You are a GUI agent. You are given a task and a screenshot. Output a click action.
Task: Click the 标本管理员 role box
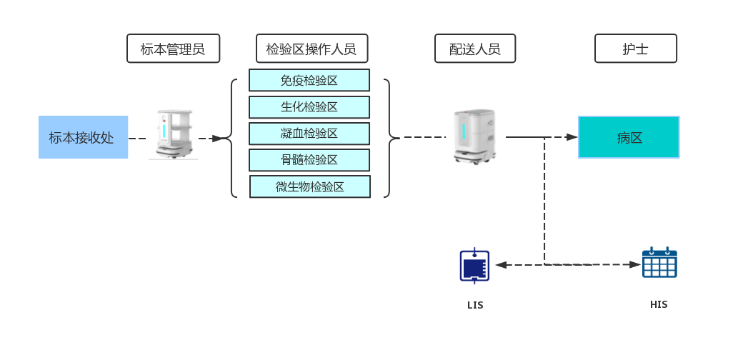point(173,49)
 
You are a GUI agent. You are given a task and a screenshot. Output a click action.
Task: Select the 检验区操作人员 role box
point(311,49)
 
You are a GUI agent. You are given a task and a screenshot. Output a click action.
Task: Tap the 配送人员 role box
point(474,49)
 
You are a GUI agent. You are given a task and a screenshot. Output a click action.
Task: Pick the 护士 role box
point(635,49)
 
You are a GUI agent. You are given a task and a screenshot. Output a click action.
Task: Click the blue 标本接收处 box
point(83,137)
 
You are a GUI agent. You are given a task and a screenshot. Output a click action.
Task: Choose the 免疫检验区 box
point(309,80)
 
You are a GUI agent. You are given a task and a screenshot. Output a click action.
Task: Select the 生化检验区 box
point(309,106)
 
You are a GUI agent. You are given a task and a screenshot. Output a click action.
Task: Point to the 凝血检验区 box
point(309,134)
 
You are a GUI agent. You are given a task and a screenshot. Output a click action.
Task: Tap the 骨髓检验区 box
point(309,160)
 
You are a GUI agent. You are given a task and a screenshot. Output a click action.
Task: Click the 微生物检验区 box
point(310,186)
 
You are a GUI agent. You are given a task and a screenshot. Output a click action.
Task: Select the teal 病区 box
point(629,137)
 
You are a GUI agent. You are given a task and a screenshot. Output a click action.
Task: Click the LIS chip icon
point(474,266)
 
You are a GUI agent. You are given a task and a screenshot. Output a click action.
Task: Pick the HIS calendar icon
point(659,263)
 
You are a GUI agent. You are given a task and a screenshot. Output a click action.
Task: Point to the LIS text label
point(475,305)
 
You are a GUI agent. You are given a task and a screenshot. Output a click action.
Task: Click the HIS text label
point(659,304)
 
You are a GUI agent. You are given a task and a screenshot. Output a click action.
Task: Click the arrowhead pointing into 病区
point(572,137)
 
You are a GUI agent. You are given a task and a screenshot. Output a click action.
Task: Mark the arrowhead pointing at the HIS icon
point(635,264)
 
